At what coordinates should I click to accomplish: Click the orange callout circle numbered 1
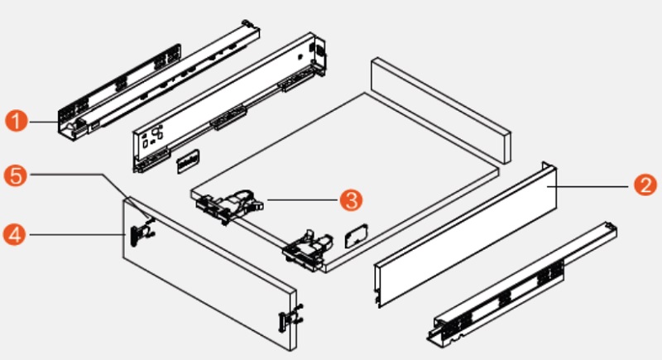(17, 122)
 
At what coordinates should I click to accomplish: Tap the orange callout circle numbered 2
(645, 185)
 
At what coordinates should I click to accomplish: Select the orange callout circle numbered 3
(351, 199)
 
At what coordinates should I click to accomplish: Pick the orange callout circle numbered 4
(15, 235)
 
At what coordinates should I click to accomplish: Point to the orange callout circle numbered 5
(16, 175)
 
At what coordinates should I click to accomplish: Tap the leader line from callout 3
(302, 200)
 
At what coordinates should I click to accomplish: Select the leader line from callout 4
(78, 235)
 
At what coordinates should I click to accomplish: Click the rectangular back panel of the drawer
(441, 110)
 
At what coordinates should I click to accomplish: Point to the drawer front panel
(210, 273)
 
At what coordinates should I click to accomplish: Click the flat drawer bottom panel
(345, 181)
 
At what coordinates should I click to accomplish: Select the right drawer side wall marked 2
(465, 234)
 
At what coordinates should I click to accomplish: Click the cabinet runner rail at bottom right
(522, 283)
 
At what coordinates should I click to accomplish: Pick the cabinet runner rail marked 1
(159, 80)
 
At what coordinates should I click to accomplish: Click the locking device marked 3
(229, 206)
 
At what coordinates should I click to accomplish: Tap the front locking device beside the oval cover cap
(309, 250)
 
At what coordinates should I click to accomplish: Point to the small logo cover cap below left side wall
(189, 161)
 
